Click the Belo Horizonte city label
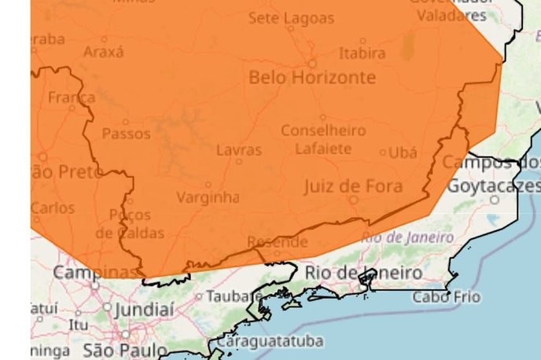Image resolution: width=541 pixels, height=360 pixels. coord(311,78)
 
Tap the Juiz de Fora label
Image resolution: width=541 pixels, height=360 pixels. coord(353,186)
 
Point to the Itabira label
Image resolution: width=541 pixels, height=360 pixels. coord(362,53)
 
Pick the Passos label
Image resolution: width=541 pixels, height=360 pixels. coord(126,133)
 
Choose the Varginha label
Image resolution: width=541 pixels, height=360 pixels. coord(208,197)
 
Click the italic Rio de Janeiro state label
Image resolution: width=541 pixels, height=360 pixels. coord(407,237)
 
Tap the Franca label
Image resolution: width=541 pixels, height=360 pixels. coord(72,98)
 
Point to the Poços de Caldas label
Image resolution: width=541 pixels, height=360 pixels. coord(131,223)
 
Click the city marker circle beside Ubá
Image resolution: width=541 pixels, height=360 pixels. coord(383,152)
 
